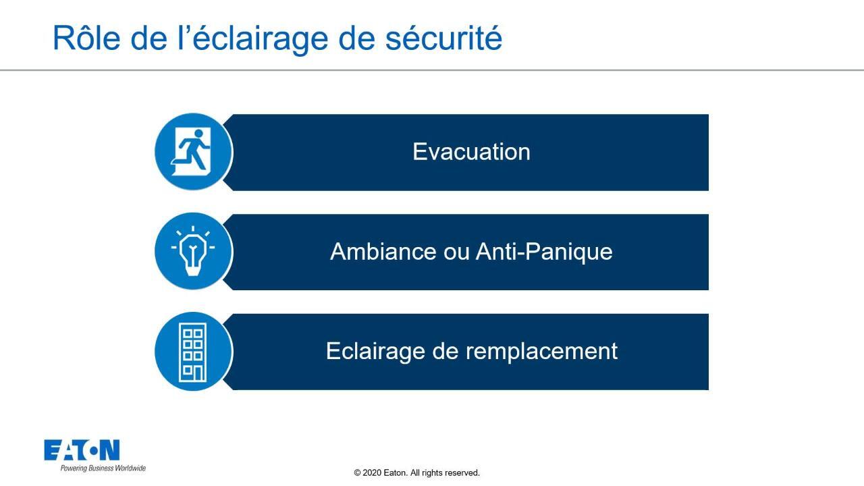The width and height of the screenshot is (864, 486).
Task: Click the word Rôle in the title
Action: pyautogui.click(x=86, y=38)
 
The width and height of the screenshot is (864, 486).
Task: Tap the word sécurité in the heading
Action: pyautogui.click(x=443, y=38)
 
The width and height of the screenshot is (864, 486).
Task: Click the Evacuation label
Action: pyautogui.click(x=471, y=152)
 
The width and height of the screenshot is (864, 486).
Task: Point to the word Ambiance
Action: pyautogui.click(x=383, y=252)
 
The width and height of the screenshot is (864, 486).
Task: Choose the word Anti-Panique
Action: pyautogui.click(x=544, y=252)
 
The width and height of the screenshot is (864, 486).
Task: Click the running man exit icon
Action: pyautogui.click(x=191, y=152)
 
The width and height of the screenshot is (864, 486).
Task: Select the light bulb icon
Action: pyautogui.click(x=193, y=251)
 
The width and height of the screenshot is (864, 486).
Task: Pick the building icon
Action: pyautogui.click(x=193, y=352)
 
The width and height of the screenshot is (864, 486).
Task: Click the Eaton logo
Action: pyautogui.click(x=82, y=450)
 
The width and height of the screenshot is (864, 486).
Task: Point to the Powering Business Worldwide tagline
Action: pyautogui.click(x=103, y=468)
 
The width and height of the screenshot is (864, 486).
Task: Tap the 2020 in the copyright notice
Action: pyautogui.click(x=372, y=473)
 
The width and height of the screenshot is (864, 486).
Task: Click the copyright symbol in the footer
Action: pyautogui.click(x=357, y=473)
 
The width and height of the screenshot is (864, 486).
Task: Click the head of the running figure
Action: pyautogui.click(x=198, y=134)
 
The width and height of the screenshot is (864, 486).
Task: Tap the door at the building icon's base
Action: pyautogui.click(x=198, y=373)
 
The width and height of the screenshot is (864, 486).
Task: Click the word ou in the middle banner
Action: pyautogui.click(x=456, y=253)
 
